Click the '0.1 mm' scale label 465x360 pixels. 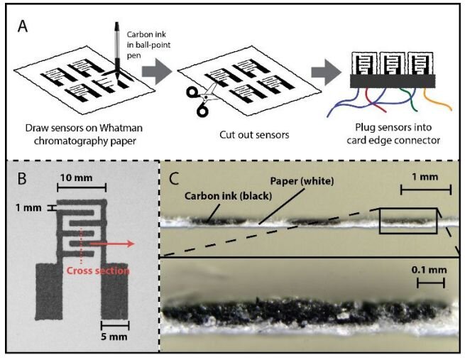coord(427,270)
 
